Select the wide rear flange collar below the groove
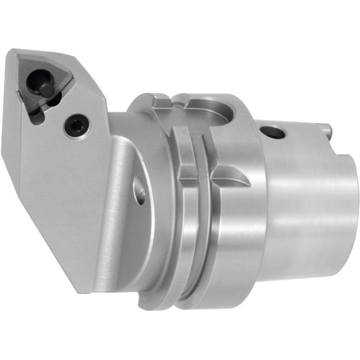tap(234, 240)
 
